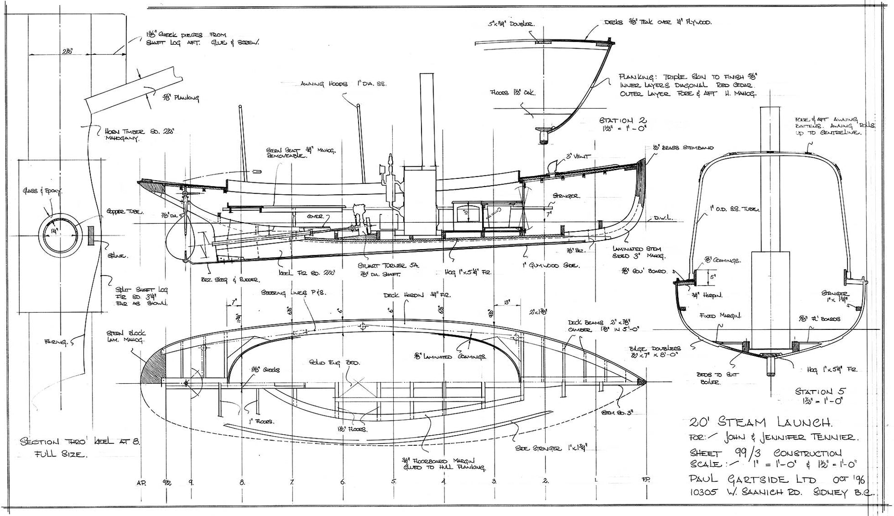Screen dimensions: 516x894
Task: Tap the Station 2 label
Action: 623,120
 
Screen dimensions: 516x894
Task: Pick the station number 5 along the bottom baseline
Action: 394,481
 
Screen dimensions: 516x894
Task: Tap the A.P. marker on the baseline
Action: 141,481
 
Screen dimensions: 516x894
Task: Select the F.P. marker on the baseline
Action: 646,480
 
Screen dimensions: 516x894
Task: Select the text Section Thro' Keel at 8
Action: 79,441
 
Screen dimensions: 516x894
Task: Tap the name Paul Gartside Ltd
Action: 753,479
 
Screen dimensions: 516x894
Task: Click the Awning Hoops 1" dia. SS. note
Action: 343,84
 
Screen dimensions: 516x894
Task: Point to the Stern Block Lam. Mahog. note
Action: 127,336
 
